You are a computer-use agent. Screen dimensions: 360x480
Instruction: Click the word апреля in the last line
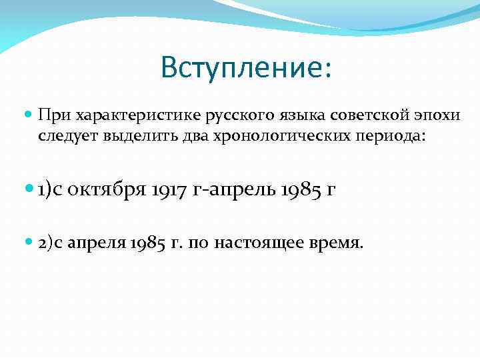tap(97, 244)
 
